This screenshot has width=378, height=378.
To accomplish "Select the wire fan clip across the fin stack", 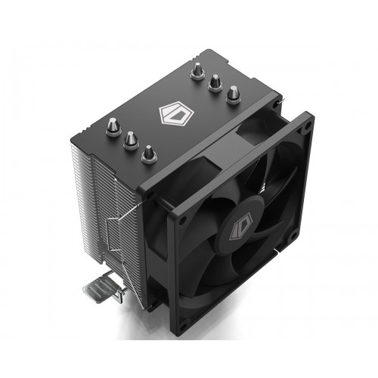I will coord(113,227).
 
